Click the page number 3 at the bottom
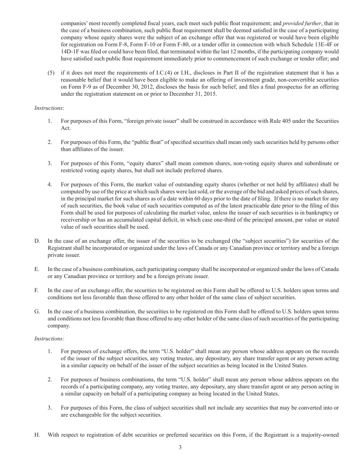(180, 447)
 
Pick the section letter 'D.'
(37, 241)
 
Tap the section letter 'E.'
(37, 269)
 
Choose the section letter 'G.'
(37, 312)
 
